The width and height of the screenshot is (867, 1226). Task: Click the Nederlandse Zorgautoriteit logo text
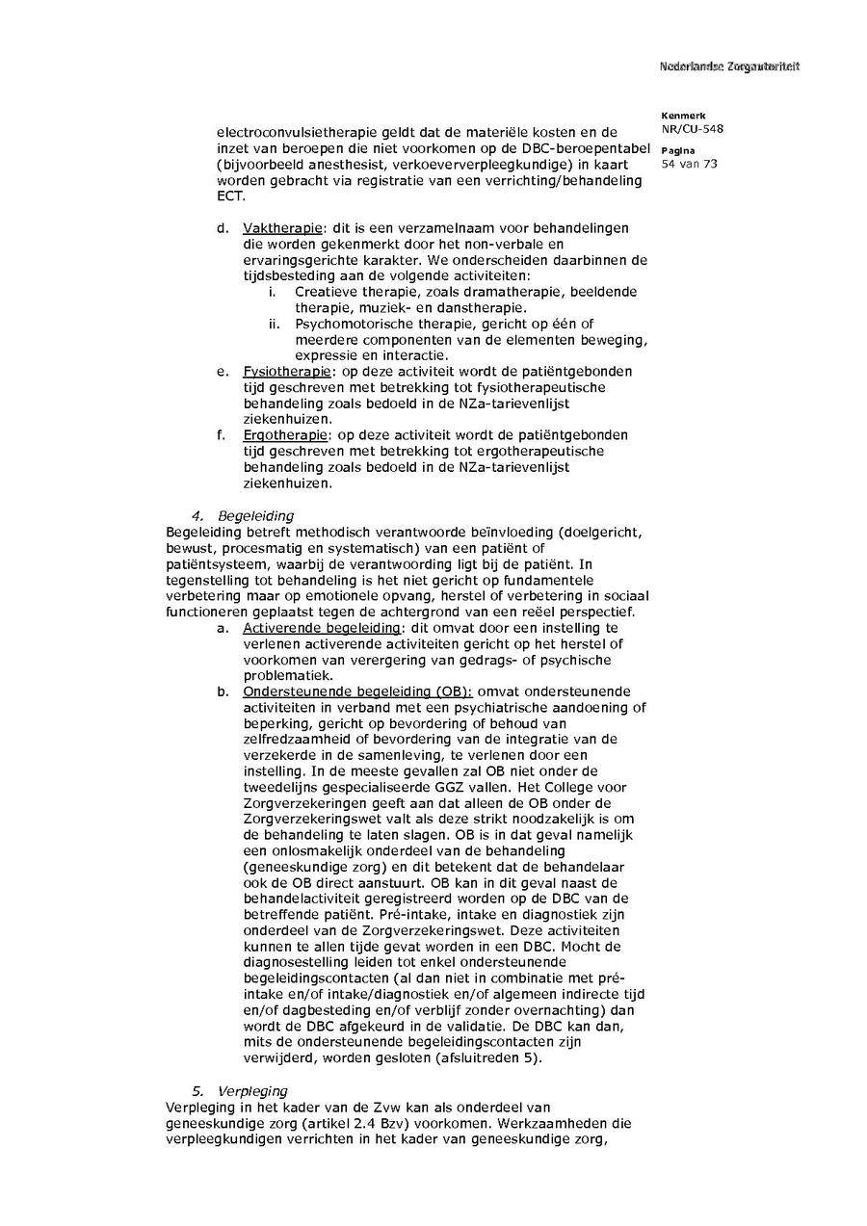(729, 66)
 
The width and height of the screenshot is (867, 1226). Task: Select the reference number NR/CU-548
(693, 128)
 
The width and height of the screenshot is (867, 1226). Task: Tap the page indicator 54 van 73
(689, 164)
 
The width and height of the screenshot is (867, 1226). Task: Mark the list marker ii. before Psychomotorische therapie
(275, 324)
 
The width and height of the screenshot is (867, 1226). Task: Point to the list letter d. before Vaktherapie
(223, 228)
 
